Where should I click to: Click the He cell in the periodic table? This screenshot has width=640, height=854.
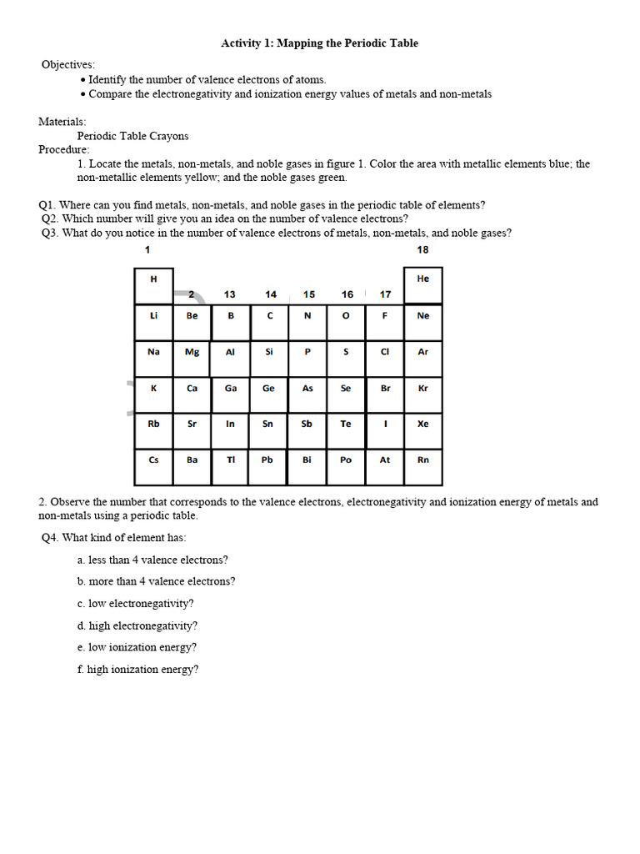(422, 285)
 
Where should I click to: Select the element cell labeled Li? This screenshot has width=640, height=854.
(154, 322)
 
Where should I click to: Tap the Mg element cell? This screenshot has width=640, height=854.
(192, 358)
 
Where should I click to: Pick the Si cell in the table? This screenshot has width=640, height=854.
(269, 358)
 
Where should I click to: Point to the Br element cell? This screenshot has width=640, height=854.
(385, 394)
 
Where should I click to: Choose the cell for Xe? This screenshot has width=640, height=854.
(422, 430)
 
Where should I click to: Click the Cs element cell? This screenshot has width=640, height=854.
(154, 466)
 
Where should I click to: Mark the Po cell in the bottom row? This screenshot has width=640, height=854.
(346, 466)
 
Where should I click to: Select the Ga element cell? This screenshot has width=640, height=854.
(231, 394)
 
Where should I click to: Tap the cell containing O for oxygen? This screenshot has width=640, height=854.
(346, 322)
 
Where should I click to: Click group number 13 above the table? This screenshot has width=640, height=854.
(230, 294)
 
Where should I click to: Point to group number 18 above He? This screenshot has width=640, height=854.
(422, 250)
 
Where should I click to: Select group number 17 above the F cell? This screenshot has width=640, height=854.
(385, 294)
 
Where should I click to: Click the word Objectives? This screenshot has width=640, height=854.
(68, 64)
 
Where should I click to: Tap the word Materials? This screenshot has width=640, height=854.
(62, 122)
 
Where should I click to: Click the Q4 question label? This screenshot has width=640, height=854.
(50, 538)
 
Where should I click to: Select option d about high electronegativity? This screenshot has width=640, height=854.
(137, 625)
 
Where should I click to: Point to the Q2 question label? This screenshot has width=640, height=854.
(50, 219)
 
